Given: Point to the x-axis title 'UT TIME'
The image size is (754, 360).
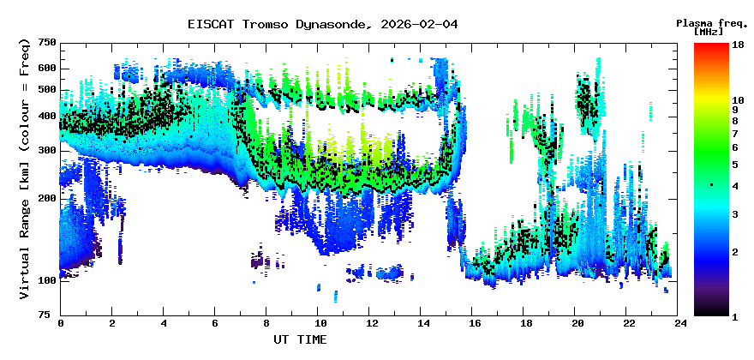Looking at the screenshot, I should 300,339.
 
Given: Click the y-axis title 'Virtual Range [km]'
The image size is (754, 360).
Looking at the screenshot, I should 25,168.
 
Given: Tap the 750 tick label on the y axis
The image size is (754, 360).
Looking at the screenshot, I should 47,42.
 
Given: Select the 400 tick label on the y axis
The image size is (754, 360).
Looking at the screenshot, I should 47,117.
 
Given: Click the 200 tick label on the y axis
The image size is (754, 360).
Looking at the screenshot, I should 47,198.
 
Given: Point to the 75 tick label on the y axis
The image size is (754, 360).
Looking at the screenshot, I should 50,315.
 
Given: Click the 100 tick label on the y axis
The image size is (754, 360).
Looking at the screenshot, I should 47,280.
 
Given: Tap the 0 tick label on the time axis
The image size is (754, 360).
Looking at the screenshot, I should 61,323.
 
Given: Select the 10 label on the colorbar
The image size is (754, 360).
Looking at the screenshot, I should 738,99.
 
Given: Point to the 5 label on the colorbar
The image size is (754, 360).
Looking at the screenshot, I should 734,163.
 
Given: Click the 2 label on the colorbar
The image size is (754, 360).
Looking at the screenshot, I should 734,251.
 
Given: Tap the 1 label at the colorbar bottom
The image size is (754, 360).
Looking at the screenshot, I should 734,316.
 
